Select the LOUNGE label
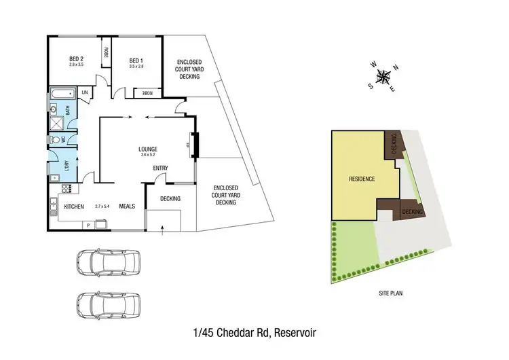[x=148, y=149]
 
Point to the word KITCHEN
[x=73, y=206]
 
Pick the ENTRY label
[x=161, y=168]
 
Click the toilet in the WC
[x=54, y=139]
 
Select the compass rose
[x=384, y=76]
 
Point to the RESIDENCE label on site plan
[x=362, y=179]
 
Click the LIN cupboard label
[x=86, y=92]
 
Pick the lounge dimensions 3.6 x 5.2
[x=148, y=156]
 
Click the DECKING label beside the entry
[x=170, y=199]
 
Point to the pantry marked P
[x=88, y=225]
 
